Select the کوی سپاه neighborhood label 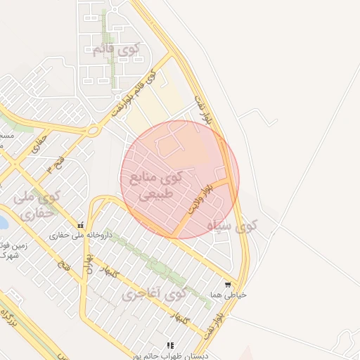pyautogui.click(x=233, y=226)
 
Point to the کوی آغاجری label pyautogui.click(x=152, y=293)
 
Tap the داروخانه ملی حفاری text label pyautogui.click(x=73, y=236)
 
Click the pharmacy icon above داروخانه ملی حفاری pyautogui.click(x=82, y=226)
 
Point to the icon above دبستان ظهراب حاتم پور pyautogui.click(x=169, y=345)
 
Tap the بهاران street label pyautogui.click(x=89, y=266)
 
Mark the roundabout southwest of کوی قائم pyautogui.click(x=92, y=129)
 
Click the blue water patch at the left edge pyautogui.click(x=3, y=224)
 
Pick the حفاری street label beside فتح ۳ pyautogui.click(x=33, y=147)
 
